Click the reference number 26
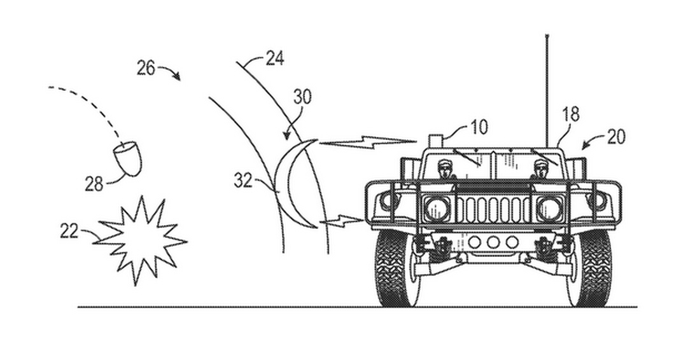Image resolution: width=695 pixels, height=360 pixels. pyautogui.click(x=146, y=67)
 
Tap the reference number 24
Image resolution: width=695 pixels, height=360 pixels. pyautogui.click(x=274, y=59)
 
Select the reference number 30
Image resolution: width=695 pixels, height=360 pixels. pyautogui.click(x=302, y=97)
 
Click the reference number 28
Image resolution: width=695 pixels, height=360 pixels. pyautogui.click(x=94, y=184)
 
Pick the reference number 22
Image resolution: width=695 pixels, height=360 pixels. pyautogui.click(x=69, y=232)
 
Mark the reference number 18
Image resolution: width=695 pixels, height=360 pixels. pyautogui.click(x=571, y=114)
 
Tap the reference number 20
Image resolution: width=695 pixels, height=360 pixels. pyautogui.click(x=616, y=135)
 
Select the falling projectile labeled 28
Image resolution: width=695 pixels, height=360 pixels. pyautogui.click(x=127, y=159)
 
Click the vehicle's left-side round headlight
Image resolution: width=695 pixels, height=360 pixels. pyautogui.click(x=437, y=208)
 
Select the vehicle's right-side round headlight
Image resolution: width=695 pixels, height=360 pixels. pyautogui.click(x=548, y=208)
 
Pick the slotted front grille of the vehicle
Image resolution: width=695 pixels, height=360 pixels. pyautogui.click(x=493, y=209)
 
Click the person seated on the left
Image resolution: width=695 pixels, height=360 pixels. pyautogui.click(x=445, y=169)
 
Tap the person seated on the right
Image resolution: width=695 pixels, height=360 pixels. pyautogui.click(x=540, y=169)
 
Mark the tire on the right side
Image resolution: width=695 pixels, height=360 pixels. pyautogui.click(x=592, y=267)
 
